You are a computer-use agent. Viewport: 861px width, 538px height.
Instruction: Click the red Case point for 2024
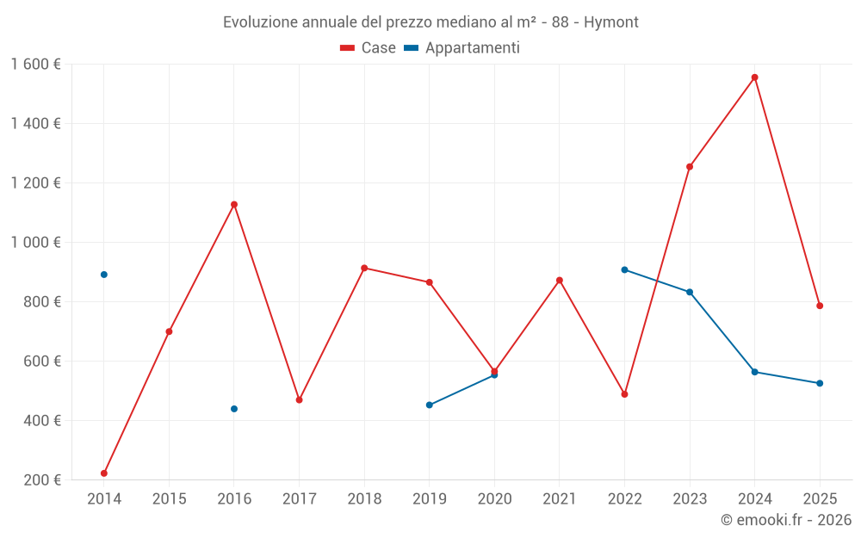click(x=754, y=77)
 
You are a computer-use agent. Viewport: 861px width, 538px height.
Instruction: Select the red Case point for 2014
click(x=104, y=473)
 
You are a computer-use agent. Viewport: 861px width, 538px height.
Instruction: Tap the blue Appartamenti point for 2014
click(x=104, y=275)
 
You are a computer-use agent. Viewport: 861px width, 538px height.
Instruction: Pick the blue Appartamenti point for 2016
click(x=234, y=409)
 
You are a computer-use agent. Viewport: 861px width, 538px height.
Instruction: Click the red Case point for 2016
click(x=234, y=205)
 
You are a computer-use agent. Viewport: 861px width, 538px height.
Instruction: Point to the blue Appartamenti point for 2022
click(x=624, y=269)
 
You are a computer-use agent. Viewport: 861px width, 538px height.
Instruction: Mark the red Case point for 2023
click(x=690, y=167)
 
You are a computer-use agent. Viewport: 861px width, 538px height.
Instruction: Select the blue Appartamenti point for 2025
click(x=820, y=383)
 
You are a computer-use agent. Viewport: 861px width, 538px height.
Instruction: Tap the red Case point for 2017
click(x=299, y=400)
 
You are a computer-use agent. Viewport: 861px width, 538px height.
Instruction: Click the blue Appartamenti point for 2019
click(x=429, y=405)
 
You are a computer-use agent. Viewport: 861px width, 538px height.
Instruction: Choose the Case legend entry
click(x=369, y=48)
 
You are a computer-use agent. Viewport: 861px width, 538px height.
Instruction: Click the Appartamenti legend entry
click(x=462, y=48)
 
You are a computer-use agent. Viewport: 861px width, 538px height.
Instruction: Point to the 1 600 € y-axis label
click(x=35, y=65)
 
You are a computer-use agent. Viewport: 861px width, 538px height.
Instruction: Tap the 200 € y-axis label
click(x=42, y=480)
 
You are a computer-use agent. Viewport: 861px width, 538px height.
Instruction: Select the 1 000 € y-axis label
click(x=35, y=243)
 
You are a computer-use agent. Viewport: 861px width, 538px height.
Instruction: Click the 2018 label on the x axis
click(x=364, y=499)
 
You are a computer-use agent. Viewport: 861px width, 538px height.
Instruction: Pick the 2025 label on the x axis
click(x=820, y=499)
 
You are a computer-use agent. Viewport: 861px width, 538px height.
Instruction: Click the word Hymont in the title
click(x=611, y=22)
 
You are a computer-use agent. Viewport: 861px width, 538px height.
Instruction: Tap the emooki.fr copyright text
click(x=786, y=520)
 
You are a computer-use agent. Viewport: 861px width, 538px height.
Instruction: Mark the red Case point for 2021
click(x=560, y=281)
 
